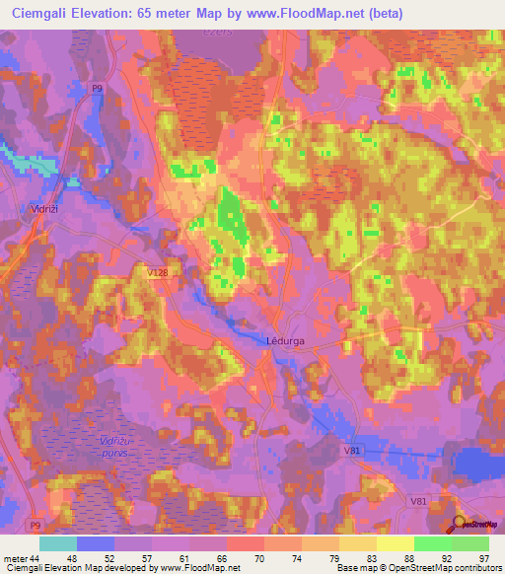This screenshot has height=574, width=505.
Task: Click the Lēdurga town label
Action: [x=287, y=341]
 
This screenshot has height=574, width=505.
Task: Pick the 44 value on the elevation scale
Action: [x=37, y=557]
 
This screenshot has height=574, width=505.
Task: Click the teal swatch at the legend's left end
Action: [x=58, y=543]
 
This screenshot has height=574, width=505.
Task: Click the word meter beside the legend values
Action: [x=15, y=557]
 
